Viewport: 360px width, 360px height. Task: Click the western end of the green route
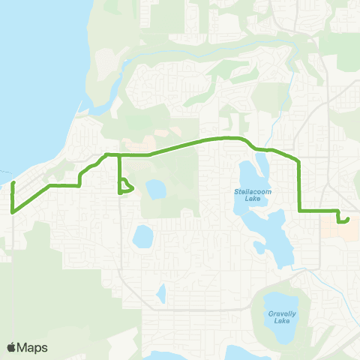(13, 183)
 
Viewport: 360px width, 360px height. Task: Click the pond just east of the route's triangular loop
(155, 189)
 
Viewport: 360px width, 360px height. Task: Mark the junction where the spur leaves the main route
(120, 154)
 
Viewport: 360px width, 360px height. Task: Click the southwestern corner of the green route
(13, 212)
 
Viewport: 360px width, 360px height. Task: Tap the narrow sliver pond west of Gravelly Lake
(160, 295)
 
